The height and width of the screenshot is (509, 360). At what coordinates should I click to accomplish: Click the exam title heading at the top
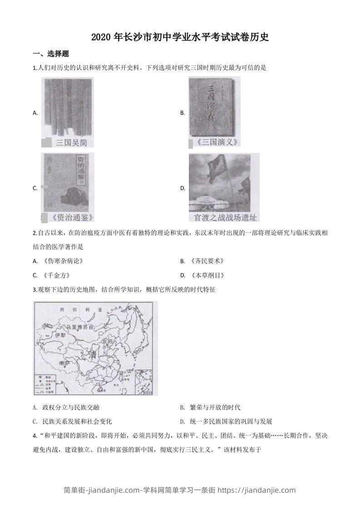tap(180, 37)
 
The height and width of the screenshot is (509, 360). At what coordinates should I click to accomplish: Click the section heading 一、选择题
tap(51, 54)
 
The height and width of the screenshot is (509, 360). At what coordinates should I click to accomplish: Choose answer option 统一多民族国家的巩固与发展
tap(231, 421)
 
